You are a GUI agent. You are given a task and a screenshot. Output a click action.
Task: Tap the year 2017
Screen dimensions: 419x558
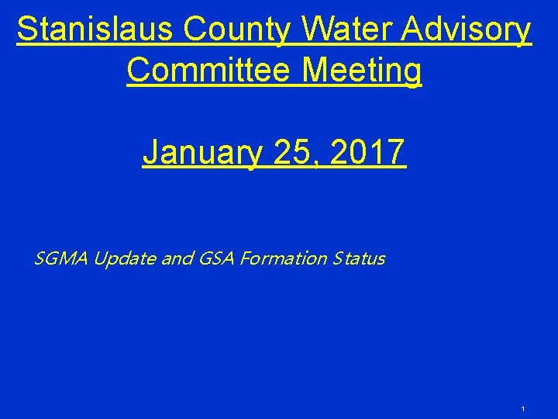(367, 152)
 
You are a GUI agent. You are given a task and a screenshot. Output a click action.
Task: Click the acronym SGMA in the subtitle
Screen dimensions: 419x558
(61, 258)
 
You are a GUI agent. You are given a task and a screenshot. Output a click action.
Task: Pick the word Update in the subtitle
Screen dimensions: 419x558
(124, 258)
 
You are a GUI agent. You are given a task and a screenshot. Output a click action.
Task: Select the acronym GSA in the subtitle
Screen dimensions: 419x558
(214, 258)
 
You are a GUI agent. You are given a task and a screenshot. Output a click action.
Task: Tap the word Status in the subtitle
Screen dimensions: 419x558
(358, 258)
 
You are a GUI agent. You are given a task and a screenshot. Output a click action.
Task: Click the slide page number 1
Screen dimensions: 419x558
(524, 408)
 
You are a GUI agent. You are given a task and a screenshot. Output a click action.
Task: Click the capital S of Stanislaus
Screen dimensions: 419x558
(27, 30)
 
